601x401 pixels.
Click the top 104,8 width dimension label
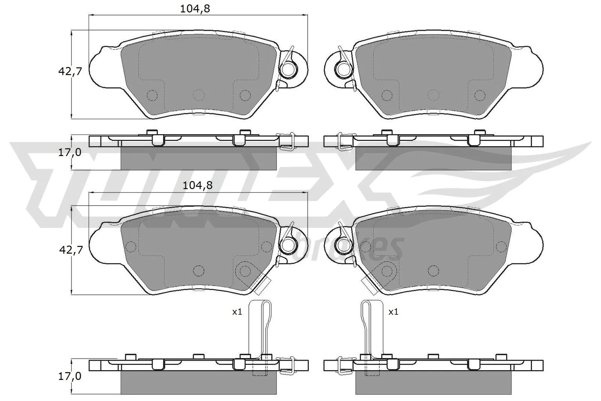click(195, 9)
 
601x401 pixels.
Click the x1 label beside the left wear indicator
click(237, 312)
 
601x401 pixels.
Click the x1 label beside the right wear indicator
click(393, 312)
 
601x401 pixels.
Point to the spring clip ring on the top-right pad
click(343, 68)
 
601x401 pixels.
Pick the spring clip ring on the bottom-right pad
click(343, 245)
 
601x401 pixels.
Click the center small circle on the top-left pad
click(198, 95)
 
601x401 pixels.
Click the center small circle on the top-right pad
click(433, 95)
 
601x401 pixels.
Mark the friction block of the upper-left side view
click(198, 158)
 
